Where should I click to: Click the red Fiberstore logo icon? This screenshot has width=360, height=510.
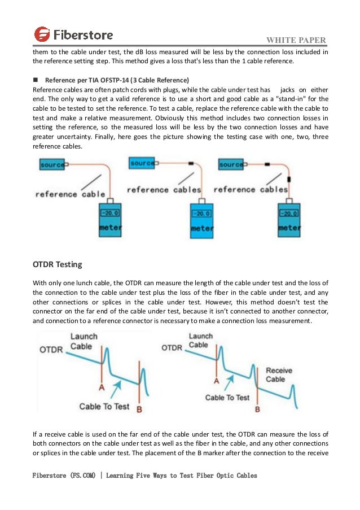click(42, 34)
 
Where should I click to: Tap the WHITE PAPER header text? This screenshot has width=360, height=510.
click(297, 40)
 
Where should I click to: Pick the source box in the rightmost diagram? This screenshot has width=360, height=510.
click(231, 164)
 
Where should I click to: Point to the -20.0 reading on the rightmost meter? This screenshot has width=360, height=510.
click(289, 214)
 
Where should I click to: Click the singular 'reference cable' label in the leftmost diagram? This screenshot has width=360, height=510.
click(70, 194)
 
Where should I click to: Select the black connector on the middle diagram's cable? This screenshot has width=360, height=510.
click(191, 163)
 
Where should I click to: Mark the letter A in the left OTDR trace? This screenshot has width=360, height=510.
click(102, 388)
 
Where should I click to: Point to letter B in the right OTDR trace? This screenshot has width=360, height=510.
click(257, 408)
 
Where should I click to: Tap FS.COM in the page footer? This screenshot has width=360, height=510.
click(86, 476)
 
